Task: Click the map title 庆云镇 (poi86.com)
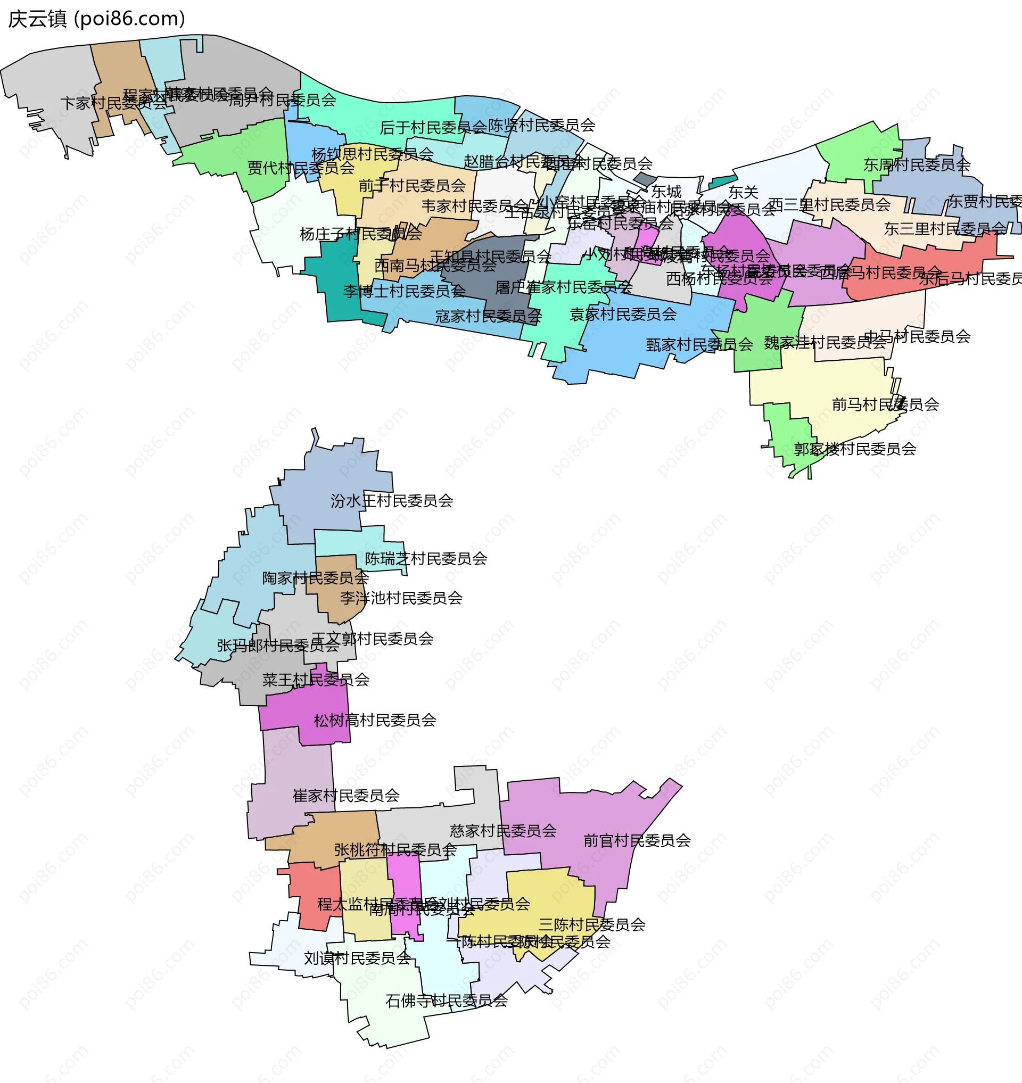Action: point(96,19)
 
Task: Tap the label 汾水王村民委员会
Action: point(391,501)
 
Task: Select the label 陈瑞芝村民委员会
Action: point(425,558)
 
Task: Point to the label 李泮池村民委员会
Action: point(401,598)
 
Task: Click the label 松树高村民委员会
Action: point(375,720)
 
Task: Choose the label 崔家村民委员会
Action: point(346,796)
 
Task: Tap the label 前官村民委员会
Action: point(636,840)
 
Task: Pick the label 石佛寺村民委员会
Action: point(446,1000)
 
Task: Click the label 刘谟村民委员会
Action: point(357,958)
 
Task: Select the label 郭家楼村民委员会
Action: point(854,449)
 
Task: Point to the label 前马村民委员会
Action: point(885,404)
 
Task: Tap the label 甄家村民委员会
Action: point(699,344)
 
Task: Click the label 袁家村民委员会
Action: point(623,314)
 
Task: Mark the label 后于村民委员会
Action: point(433,128)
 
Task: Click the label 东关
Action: point(743,192)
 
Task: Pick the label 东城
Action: point(666,192)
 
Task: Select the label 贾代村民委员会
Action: point(301,168)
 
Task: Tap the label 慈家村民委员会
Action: point(503,831)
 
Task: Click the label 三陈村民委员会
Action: point(591,924)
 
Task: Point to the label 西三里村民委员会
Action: point(829,205)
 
